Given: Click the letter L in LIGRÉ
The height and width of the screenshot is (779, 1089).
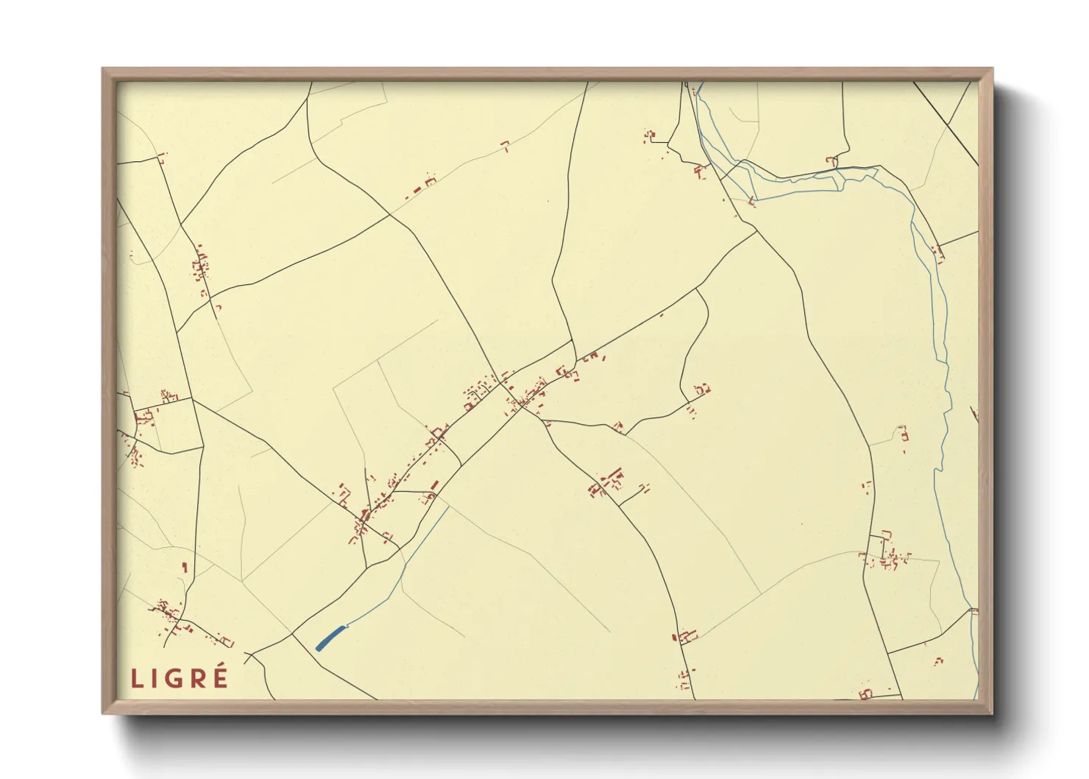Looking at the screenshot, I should (137, 678).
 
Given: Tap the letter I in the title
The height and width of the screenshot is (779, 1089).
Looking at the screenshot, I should (155, 678).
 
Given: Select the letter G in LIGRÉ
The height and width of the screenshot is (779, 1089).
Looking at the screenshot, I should (176, 678).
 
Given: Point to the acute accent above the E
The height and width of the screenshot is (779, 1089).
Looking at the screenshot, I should (221, 666).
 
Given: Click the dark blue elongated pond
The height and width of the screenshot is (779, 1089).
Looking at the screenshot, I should (330, 638).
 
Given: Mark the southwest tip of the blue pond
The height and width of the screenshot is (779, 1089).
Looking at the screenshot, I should (318, 649).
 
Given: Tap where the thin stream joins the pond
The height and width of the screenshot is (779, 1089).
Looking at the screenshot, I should (346, 627).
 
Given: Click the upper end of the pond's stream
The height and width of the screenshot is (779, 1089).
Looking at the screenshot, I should (448, 507).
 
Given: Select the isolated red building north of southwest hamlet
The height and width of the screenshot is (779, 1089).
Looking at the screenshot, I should (185, 567).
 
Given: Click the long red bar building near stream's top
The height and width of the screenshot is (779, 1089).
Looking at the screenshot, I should (434, 485).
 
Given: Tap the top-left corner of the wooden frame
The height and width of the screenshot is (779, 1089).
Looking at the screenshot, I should (103, 69).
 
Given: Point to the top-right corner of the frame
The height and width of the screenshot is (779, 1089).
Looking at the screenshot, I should (992, 69).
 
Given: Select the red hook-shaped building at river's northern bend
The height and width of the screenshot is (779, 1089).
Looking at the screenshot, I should (831, 160).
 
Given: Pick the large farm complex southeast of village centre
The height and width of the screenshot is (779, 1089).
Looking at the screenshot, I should (607, 482).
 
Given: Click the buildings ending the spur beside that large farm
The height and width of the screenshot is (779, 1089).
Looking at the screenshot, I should (645, 487).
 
